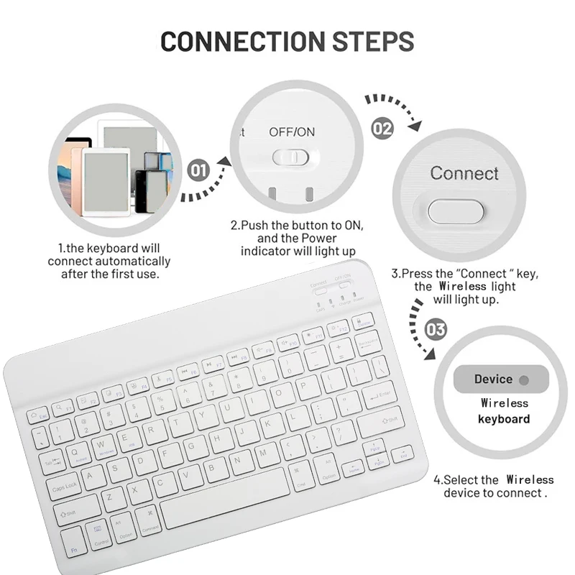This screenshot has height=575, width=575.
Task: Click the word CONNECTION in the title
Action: [x=231, y=41]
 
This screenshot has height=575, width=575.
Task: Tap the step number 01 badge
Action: [x=199, y=170]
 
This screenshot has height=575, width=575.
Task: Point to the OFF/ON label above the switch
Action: [x=291, y=132]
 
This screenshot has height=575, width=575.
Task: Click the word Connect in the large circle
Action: [x=464, y=173]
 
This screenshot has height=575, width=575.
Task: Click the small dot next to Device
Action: [x=523, y=379]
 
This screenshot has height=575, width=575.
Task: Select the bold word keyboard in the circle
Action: [x=504, y=419]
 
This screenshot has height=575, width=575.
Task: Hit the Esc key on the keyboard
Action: [x=37, y=415]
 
